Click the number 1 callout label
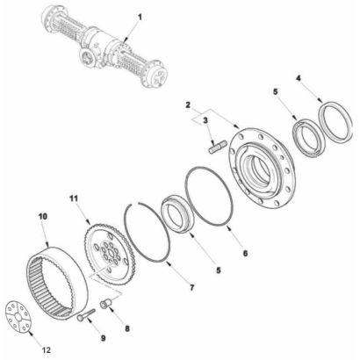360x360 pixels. pos(140,18)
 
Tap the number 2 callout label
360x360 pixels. pos(188,104)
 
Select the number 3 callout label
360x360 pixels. pos(205,120)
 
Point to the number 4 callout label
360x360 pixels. pos(299,78)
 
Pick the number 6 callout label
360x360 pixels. pos(245,253)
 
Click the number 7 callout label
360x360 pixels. pos(192,288)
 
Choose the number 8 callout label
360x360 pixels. pos(127,328)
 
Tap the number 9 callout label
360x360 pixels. pos(103,338)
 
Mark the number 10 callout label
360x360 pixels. pos(43,217)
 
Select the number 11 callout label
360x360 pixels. pos(74,198)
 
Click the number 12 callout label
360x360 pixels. pos(47,350)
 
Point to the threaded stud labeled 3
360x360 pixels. pos(218,148)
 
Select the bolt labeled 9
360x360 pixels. pos(86,315)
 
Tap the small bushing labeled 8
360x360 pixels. pos(105,304)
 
